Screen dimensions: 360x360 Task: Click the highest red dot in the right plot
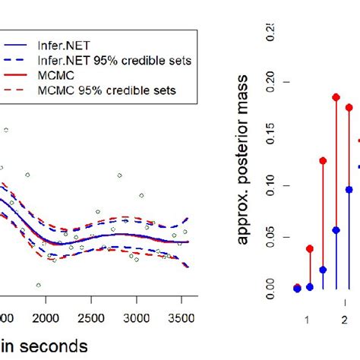click(336, 97)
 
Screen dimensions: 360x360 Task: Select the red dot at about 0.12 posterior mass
click(323, 161)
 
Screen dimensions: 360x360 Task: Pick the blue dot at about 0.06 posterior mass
click(336, 229)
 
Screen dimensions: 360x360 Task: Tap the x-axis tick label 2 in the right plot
click(343, 319)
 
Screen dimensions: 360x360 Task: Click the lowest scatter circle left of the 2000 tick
click(38, 286)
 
